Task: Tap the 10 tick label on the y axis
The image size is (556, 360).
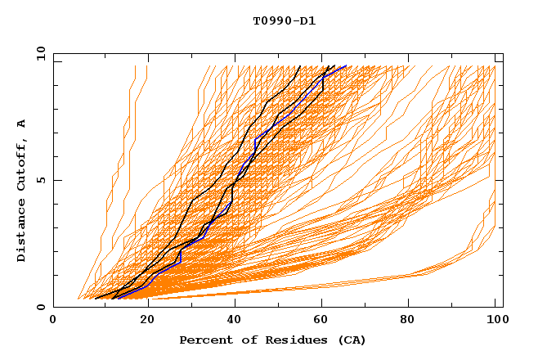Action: pos(39,53)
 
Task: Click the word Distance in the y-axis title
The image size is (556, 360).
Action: pos(21,232)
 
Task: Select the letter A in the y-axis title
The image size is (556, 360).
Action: pos(21,124)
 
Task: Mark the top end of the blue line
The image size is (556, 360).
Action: pos(346,66)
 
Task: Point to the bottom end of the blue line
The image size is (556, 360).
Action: pos(118,298)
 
